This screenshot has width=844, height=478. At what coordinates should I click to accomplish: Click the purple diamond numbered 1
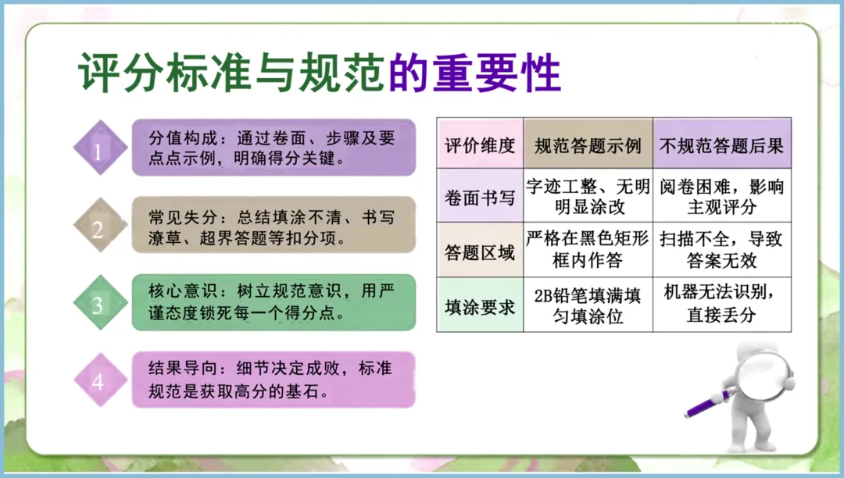point(99,147)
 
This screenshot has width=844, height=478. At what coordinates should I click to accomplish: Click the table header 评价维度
point(480,146)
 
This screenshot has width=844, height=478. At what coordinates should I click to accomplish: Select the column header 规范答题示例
point(588,146)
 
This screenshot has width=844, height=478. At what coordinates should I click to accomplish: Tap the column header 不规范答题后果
point(721,146)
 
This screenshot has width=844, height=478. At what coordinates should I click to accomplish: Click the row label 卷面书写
point(480,197)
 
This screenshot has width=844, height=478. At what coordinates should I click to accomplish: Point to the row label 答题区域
point(480,251)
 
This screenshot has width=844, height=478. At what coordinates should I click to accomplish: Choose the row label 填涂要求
point(480,306)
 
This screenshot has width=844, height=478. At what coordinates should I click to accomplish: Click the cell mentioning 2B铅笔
point(588,306)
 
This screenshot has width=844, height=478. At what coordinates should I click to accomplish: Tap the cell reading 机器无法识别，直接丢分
point(721,305)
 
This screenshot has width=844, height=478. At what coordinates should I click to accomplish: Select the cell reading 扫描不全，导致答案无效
point(721,250)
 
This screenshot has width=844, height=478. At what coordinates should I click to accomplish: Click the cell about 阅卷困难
point(721,197)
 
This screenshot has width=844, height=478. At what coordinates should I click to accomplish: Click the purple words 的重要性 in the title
point(474,75)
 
